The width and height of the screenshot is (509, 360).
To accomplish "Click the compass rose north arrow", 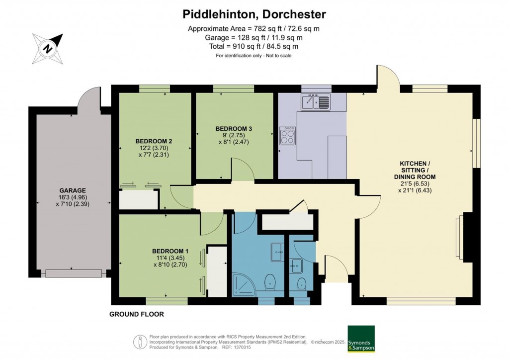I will (x=48, y=49).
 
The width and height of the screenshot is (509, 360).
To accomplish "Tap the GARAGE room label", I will (x=73, y=190).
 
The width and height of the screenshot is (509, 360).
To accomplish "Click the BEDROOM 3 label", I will (x=234, y=128).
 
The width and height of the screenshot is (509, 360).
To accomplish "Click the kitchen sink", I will (x=315, y=102).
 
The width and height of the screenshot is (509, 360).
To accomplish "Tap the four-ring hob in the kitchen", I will (x=287, y=136).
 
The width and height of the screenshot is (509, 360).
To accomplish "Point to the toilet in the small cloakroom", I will (x=301, y=284).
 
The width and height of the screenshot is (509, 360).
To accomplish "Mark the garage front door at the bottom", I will (x=74, y=273).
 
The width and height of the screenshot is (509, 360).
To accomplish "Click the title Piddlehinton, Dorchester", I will (x=254, y=13).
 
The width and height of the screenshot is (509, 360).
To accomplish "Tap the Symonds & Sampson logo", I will (x=361, y=339).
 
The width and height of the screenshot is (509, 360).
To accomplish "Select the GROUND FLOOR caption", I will (x=136, y=314).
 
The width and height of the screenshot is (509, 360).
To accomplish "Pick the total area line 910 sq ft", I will (x=254, y=46).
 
